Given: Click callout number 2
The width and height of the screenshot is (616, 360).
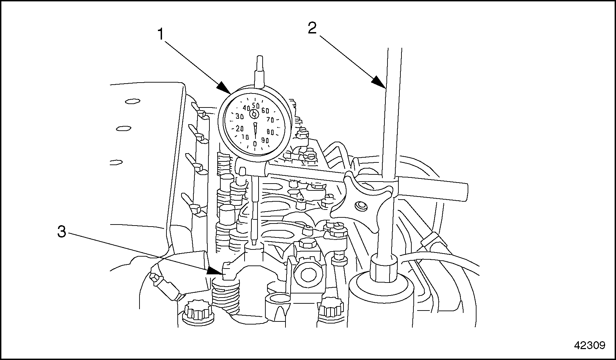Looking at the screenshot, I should click(312, 28).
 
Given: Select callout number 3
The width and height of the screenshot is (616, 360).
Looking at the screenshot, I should click(61, 232).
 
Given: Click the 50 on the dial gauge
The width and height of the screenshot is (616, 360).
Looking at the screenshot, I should click(256, 105).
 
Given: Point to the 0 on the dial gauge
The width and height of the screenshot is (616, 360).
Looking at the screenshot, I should click(255, 144).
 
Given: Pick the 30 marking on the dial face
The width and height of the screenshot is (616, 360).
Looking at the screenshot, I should click(240, 117).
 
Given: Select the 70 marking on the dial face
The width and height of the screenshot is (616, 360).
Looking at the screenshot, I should click(270, 120).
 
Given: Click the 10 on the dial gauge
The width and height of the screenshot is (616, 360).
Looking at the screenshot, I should click(245, 137).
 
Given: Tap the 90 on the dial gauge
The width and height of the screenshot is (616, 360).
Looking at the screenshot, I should click(265, 140).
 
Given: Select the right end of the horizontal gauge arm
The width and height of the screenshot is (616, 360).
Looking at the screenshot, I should click(464, 192).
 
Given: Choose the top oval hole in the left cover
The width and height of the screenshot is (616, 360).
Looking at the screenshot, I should click(132, 101).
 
